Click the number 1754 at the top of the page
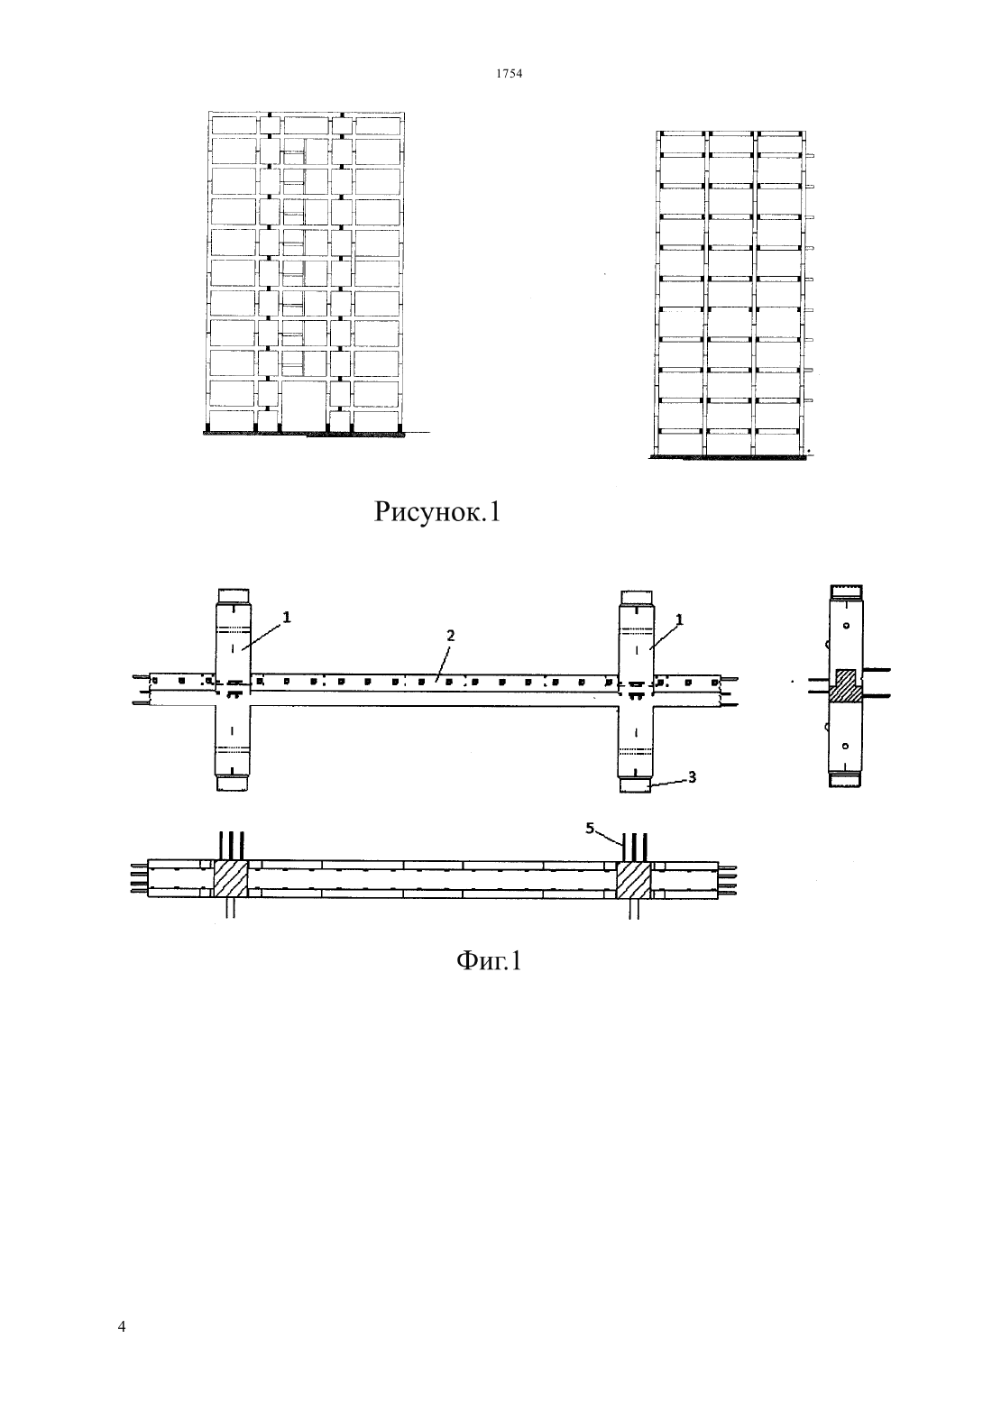click(509, 73)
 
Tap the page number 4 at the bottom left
click(122, 1326)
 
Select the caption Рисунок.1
click(437, 512)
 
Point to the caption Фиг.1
click(489, 960)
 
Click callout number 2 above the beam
click(450, 635)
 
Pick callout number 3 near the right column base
click(692, 776)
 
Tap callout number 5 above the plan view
click(590, 828)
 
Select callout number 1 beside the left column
click(286, 618)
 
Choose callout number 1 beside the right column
click(679, 619)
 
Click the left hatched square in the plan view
click(231, 879)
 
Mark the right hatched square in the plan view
click(634, 879)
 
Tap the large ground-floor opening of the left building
click(304, 405)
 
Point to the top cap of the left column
click(233, 596)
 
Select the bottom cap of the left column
click(233, 783)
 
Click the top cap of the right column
click(637, 598)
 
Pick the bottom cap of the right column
click(635, 784)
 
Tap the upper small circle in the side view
click(846, 626)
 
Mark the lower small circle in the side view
click(845, 746)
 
